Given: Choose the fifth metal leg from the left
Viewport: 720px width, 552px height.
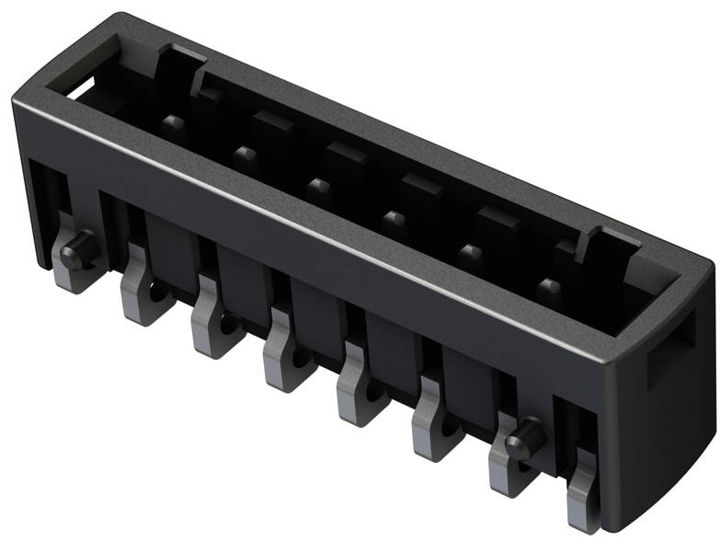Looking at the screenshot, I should coord(360,393).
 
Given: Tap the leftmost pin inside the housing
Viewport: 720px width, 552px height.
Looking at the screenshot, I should coord(172,123).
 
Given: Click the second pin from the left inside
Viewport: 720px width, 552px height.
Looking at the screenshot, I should coord(244,154).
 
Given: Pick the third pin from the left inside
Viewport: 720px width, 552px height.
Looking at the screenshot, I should coord(318,187).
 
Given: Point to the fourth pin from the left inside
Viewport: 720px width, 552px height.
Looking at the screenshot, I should coord(394,221).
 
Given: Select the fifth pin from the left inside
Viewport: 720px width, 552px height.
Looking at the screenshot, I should coord(471,253).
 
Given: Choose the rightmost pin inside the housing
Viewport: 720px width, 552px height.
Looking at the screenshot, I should coord(548,289).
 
